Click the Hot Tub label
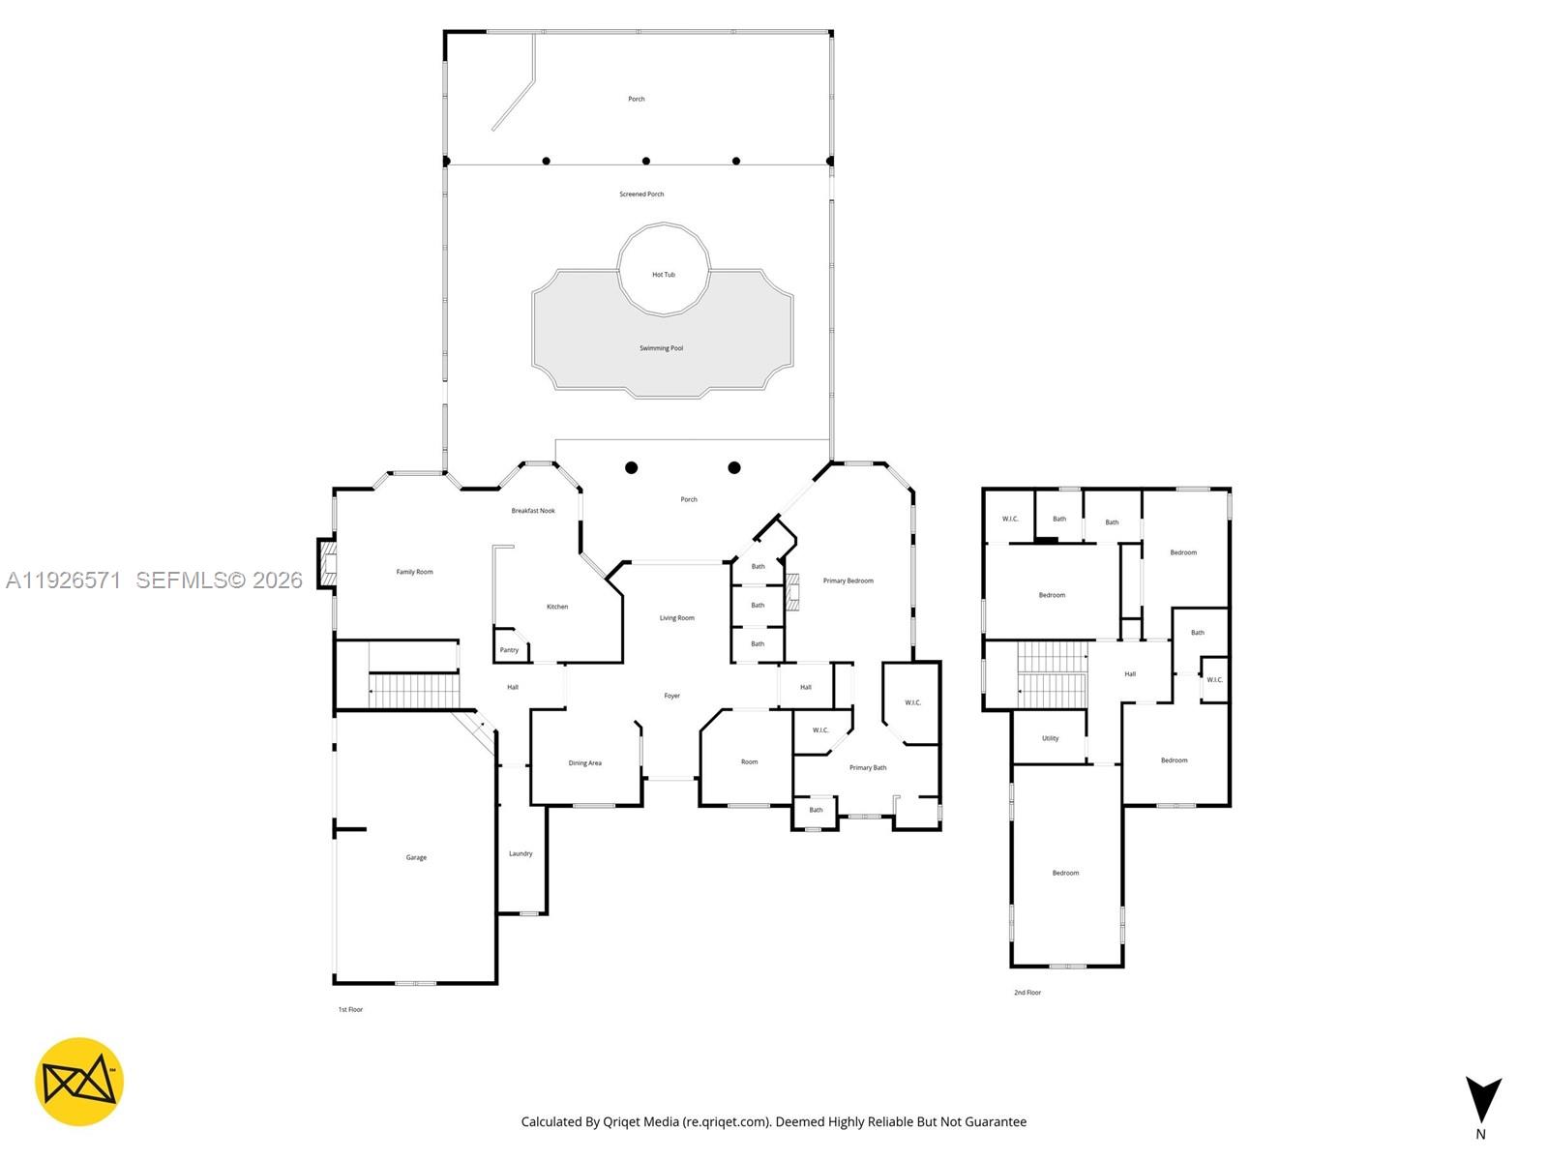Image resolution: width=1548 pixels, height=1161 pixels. (664, 275)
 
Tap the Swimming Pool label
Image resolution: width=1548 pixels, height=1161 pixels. (661, 348)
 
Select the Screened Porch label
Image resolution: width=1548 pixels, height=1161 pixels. (641, 194)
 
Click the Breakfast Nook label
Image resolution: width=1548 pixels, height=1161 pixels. (533, 511)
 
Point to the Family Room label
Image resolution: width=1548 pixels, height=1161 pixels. (414, 572)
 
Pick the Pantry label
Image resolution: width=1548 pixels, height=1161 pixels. (509, 650)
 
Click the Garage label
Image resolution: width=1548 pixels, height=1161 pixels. (416, 857)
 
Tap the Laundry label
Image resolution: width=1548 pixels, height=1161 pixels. (521, 853)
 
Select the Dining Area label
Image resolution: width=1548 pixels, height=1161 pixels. (584, 763)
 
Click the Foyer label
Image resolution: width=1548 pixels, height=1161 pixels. (671, 696)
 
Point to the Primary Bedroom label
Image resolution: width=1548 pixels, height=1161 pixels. (848, 580)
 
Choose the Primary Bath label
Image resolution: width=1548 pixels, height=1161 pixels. (868, 768)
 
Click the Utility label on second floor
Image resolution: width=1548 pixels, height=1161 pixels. (1050, 738)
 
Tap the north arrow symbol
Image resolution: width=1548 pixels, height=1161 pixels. (1482, 1100)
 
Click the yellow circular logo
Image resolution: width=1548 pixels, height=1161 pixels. (79, 1082)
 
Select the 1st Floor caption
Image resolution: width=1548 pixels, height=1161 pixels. (350, 1010)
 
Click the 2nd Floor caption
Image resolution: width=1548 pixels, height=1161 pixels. (1027, 993)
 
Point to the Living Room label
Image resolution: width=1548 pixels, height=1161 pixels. (676, 618)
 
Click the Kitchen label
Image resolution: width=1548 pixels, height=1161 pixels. (557, 607)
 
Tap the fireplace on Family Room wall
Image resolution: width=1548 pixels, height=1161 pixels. (327, 563)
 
